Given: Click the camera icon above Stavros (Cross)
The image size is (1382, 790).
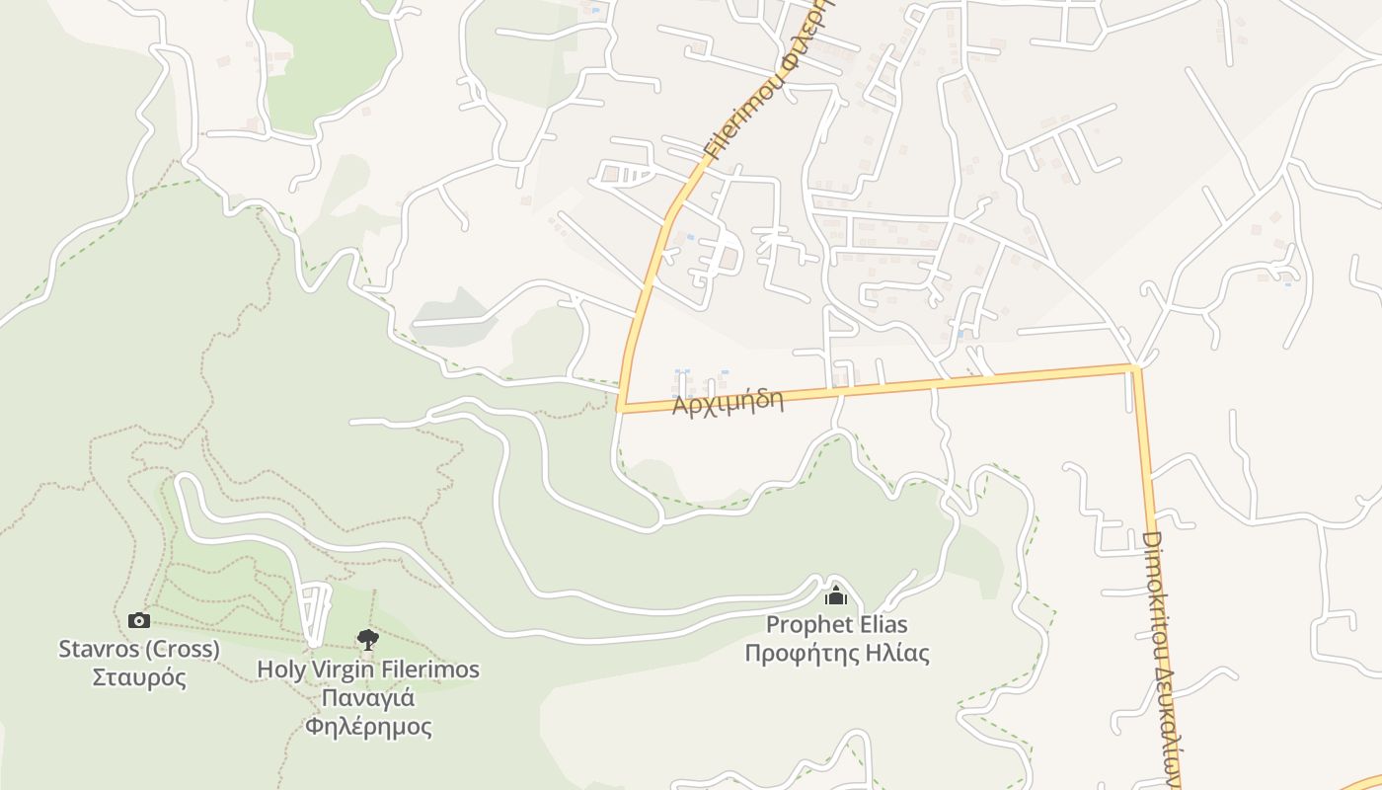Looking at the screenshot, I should tap(139, 620).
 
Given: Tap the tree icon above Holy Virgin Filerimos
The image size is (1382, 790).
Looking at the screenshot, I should tap(368, 640).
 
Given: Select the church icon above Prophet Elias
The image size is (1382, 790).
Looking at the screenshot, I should tap(836, 594).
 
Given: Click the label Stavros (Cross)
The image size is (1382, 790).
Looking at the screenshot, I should tap(139, 649).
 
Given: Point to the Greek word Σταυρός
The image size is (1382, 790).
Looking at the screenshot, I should tap(139, 678).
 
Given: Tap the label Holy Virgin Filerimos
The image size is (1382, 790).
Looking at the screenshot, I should tap(368, 669).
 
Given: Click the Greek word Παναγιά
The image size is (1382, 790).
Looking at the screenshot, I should tap(368, 698).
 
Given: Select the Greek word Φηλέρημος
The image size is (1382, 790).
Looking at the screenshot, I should tap(368, 728).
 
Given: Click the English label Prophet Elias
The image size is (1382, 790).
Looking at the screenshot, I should tap(836, 624).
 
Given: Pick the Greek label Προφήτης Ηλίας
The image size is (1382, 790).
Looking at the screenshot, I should tap(836, 653).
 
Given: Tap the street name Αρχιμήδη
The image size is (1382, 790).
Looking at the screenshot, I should tap(728, 402).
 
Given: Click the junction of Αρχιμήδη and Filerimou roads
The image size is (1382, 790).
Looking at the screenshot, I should tap(621, 408).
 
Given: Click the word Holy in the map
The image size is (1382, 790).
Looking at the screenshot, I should tap(279, 669).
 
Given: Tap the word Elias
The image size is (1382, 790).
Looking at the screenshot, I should tap(881, 624).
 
